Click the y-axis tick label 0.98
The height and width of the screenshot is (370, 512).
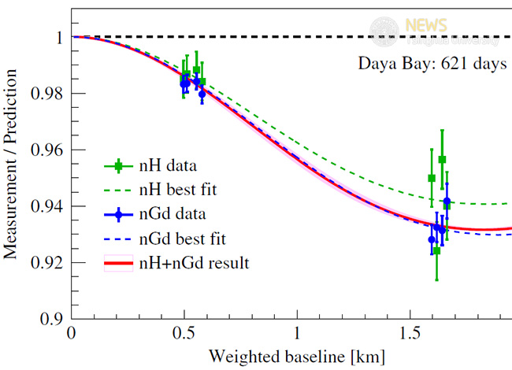pyautogui.click(x=45, y=94)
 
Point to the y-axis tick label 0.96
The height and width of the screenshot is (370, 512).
pyautogui.click(x=45, y=150)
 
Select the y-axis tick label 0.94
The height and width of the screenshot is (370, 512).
pyautogui.click(x=45, y=206)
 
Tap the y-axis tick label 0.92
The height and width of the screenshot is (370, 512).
pyautogui.click(x=45, y=262)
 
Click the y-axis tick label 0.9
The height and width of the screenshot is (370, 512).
pyautogui.click(x=49, y=319)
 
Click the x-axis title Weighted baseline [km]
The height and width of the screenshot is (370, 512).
pyautogui.click(x=297, y=357)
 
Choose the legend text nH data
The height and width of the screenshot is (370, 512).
pyautogui.click(x=168, y=166)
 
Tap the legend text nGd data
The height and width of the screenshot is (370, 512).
pyautogui.click(x=172, y=213)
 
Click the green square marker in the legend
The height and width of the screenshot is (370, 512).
pyautogui.click(x=118, y=166)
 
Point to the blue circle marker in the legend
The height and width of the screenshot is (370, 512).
pyautogui.click(x=118, y=213)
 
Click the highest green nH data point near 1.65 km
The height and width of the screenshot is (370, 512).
pyautogui.click(x=442, y=160)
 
